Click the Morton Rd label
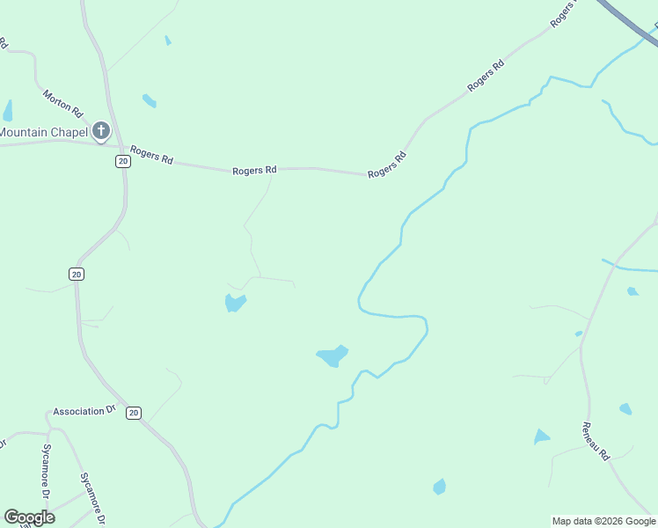[62, 102]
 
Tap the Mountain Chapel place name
[44, 132]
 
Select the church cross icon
[101, 132]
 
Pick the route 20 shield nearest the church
[121, 161]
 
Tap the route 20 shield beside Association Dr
[133, 413]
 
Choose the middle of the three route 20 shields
[77, 275]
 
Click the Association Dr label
[84, 411]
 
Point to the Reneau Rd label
[595, 442]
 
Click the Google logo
[29, 517]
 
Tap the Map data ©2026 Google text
[604, 521]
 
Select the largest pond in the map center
[332, 356]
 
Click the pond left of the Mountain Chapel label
[8, 111]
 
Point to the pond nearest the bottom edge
[439, 487]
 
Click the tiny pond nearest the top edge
[167, 40]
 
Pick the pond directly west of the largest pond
[234, 303]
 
